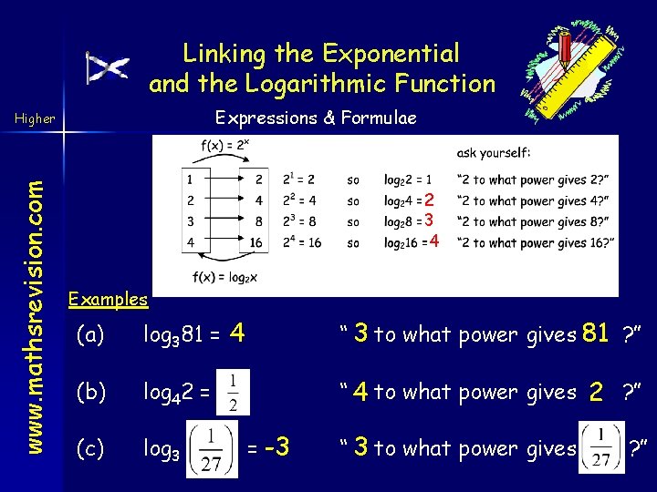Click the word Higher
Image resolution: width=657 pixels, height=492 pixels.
pos(35,118)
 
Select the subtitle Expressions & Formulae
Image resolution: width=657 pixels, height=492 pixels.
pos(315,118)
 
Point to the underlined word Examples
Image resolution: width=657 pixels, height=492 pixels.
pos(108,299)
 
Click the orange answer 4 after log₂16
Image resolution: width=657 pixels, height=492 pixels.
pos(435,241)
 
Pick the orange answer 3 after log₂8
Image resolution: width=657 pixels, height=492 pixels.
pos(427,220)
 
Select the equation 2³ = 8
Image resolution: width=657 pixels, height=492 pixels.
pos(300,221)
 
